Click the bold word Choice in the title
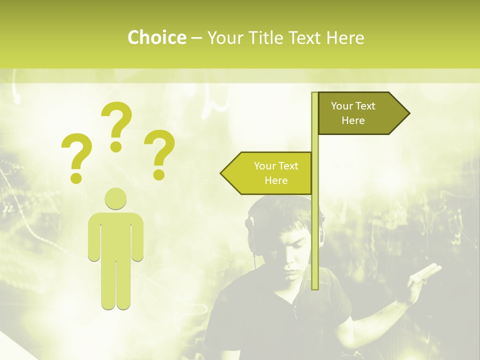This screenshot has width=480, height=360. point(156,37)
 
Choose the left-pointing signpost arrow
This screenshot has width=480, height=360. point(267,173)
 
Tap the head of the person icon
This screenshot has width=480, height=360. point(115,198)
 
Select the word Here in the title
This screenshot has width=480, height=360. point(345,37)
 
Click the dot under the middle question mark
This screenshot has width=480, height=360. point(116,146)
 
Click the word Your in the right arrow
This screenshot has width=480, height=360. point(342,106)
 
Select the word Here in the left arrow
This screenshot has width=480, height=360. point(276,180)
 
